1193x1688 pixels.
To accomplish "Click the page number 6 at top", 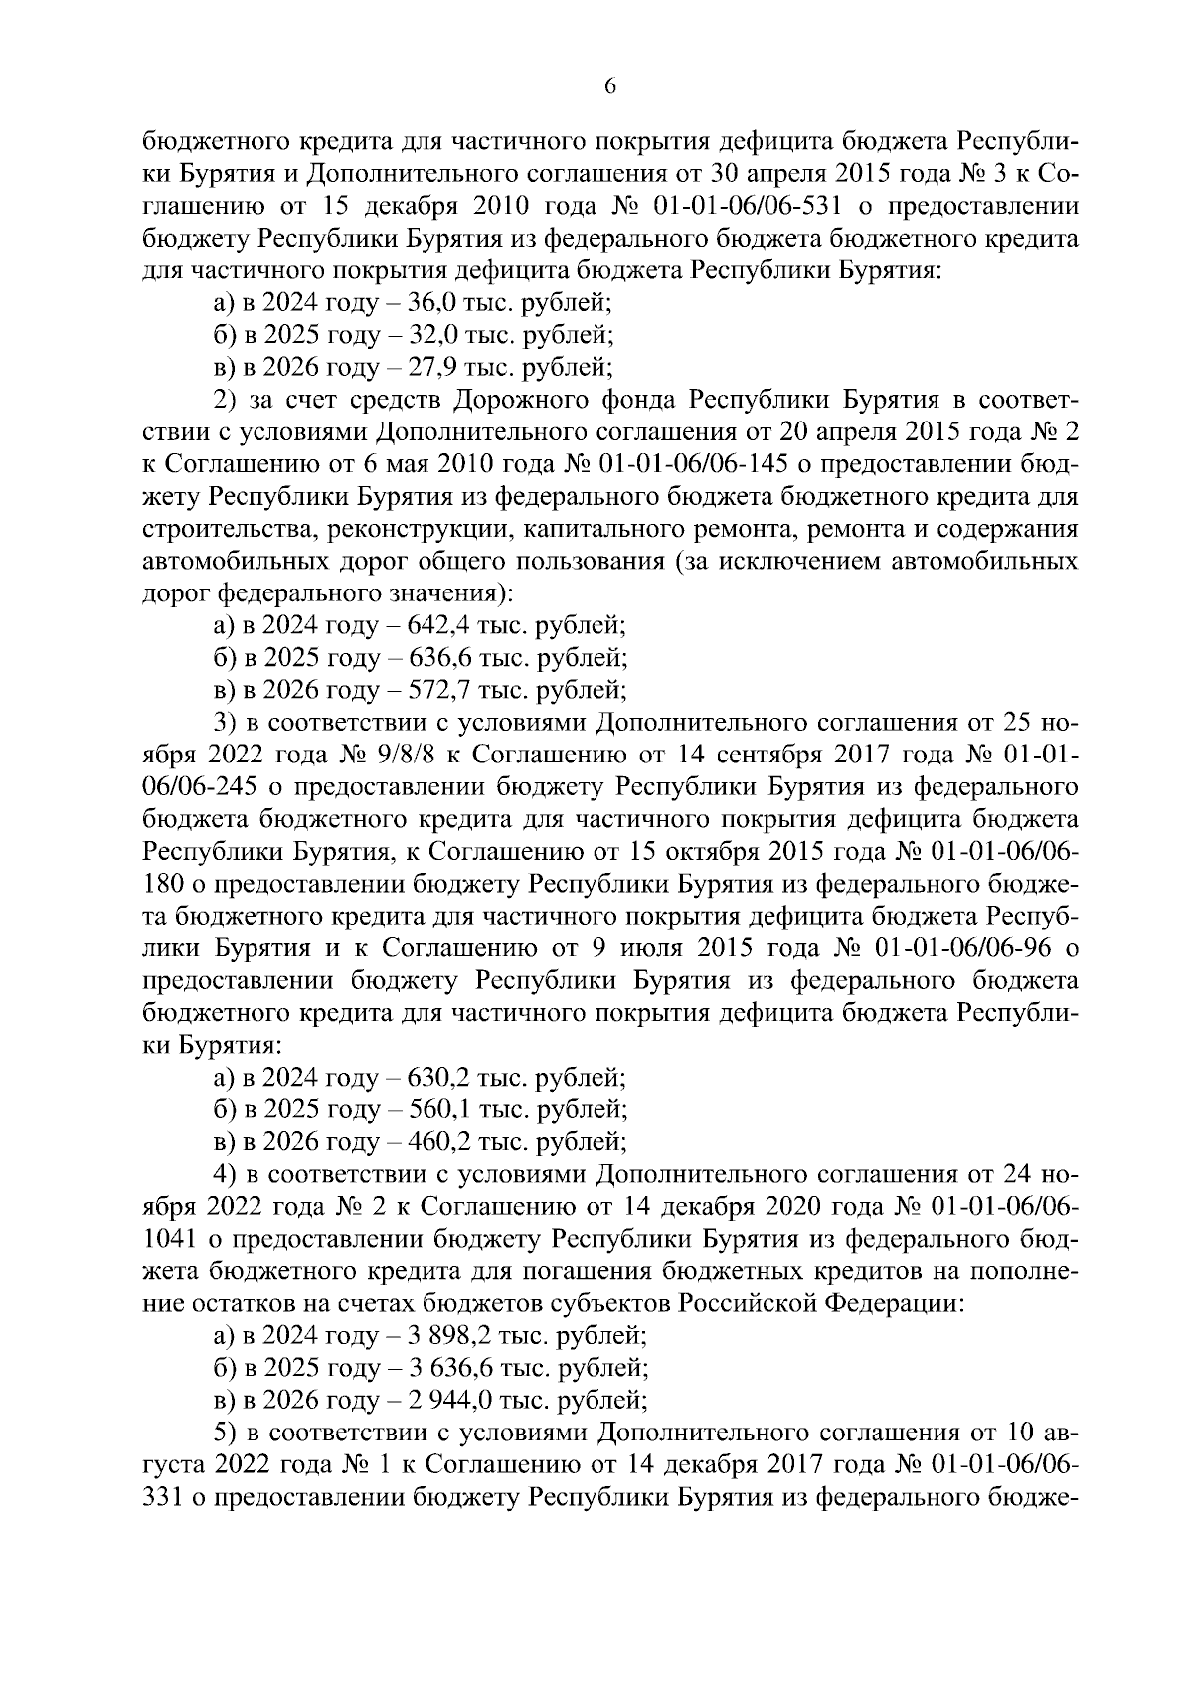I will click(x=610, y=87).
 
